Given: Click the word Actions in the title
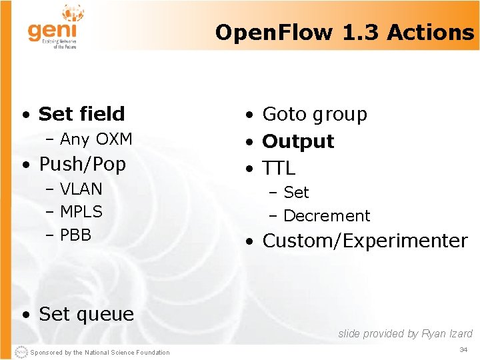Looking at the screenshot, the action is click(431, 32).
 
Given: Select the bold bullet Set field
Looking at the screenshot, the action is click(81, 114).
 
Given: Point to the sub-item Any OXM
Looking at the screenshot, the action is click(96, 139).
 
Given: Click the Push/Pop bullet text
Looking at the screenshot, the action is click(82, 164).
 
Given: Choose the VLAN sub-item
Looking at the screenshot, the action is click(81, 189).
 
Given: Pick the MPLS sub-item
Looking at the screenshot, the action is click(81, 212).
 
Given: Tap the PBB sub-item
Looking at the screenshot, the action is click(75, 235).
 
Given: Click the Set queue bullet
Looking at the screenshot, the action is click(86, 314).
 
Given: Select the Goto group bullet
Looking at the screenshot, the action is click(315, 115).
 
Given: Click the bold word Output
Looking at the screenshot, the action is click(298, 141).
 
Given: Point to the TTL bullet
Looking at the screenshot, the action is click(279, 168).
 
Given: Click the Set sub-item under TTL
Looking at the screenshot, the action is click(296, 193).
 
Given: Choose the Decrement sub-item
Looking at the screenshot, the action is click(327, 216).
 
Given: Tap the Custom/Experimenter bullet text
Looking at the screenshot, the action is click(365, 241).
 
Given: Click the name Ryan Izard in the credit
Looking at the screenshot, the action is click(447, 334).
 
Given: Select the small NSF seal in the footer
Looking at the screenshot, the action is click(20, 352).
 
